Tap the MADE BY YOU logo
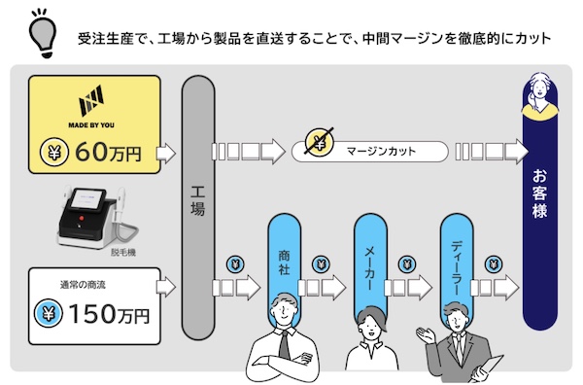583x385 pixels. (95, 104)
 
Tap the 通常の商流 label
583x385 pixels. (85, 285)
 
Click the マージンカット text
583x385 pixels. (373, 152)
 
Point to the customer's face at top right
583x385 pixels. (541, 90)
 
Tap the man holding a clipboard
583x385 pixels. (458, 341)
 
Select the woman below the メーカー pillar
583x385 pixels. (369, 339)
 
